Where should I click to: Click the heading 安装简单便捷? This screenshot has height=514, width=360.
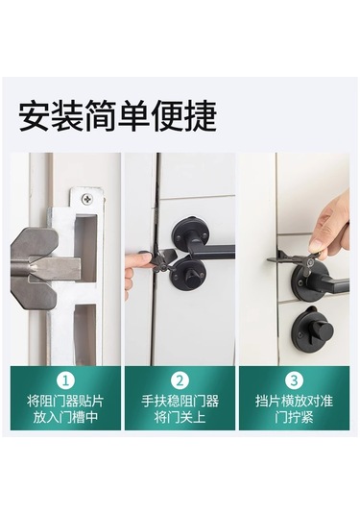(117, 116)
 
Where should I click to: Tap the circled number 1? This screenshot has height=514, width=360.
(65, 380)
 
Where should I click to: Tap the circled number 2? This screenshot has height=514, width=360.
(180, 380)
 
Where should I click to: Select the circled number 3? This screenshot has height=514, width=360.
(294, 380)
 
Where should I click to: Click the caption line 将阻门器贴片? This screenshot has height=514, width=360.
(65, 402)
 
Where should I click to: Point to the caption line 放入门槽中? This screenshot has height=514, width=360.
(65, 417)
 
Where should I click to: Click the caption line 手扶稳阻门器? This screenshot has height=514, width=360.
(180, 402)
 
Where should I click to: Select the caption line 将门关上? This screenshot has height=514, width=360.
(180, 417)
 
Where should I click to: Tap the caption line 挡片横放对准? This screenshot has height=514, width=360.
(294, 402)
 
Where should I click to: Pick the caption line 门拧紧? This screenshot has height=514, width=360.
(294, 417)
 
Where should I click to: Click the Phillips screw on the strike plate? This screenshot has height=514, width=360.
(87, 198)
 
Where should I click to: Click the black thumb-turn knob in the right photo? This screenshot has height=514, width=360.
(316, 329)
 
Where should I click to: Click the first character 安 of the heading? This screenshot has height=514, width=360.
(34, 116)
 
